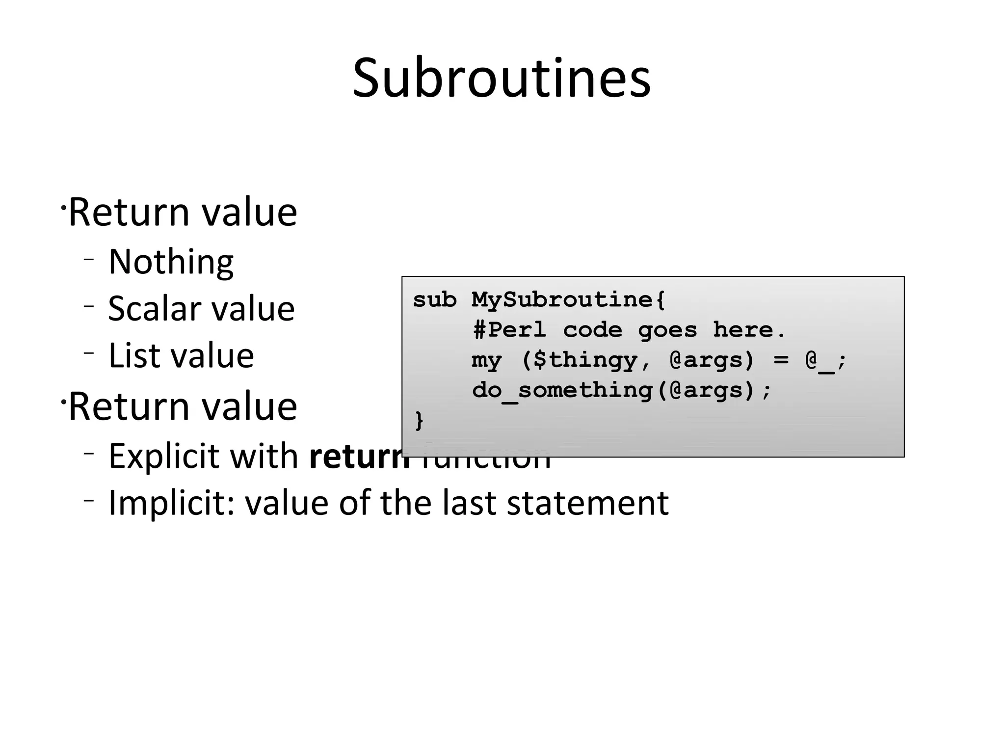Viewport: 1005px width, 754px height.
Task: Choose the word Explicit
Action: [x=162, y=457]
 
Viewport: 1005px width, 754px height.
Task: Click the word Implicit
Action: [x=171, y=503]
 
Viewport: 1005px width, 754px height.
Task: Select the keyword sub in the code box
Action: [x=435, y=300]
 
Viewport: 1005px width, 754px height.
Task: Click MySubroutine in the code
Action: [x=562, y=300]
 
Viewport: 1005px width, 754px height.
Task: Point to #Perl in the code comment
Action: [x=509, y=330]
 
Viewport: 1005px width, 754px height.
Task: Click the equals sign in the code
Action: [x=781, y=360]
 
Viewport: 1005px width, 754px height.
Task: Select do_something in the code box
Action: [x=562, y=391]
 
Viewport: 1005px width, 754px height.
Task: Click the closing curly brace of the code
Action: [x=419, y=421]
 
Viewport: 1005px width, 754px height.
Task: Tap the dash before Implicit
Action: [x=88, y=501]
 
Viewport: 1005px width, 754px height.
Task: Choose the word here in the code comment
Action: [x=743, y=330]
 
